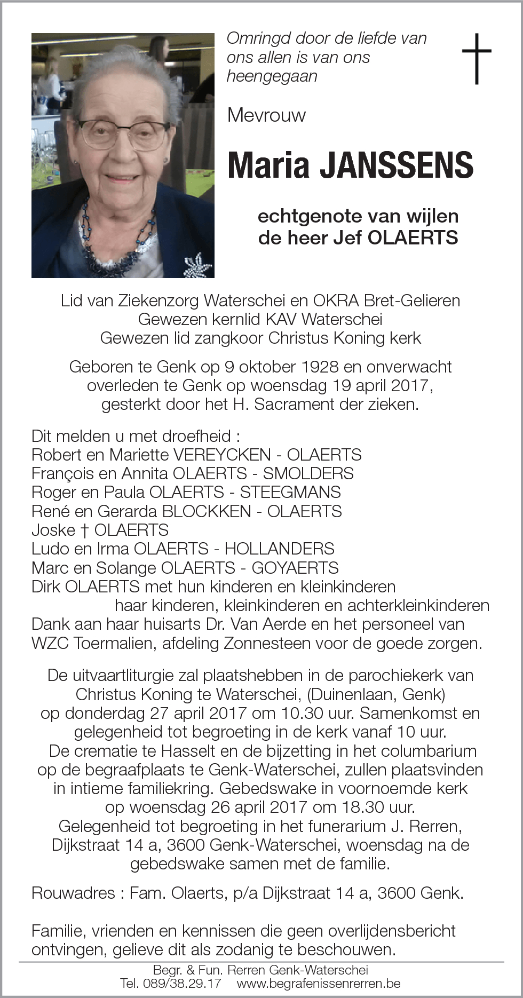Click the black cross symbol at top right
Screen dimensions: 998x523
pyautogui.click(x=476, y=58)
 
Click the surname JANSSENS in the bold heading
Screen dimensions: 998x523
pyautogui.click(x=397, y=165)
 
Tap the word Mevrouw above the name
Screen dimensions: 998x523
pyautogui.click(x=266, y=115)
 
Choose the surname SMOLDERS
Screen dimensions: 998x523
pyautogui.click(x=308, y=473)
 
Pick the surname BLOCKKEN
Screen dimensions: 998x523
pyautogui.click(x=206, y=511)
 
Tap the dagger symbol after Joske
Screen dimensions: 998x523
pyautogui.click(x=84, y=530)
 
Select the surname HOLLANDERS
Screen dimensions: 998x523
pyautogui.click(x=279, y=549)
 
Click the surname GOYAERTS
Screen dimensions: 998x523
pyautogui.click(x=295, y=568)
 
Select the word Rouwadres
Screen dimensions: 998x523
pyautogui.click(x=73, y=893)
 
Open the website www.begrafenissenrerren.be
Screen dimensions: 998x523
pyautogui.click(x=319, y=983)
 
